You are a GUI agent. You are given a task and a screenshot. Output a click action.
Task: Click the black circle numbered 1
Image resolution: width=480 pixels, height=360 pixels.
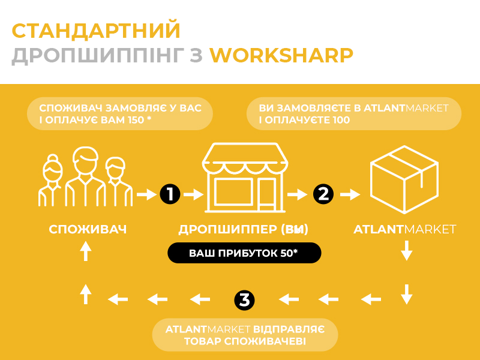point(170,194)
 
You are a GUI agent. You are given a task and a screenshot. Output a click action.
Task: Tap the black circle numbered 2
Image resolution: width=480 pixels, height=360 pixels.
point(323,194)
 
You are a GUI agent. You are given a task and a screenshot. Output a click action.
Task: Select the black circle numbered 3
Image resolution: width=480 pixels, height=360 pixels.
point(244,300)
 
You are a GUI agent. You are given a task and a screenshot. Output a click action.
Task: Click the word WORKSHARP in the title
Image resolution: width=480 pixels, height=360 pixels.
point(281,55)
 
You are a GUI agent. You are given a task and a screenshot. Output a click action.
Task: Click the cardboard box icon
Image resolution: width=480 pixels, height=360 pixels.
point(404,179)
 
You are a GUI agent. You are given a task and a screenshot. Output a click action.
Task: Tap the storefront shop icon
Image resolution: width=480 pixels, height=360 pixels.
point(245,178)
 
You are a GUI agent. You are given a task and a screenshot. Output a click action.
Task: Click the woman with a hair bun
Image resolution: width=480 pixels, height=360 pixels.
point(52,180)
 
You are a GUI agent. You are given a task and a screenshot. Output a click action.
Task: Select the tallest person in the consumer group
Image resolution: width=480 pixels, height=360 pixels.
point(85,176)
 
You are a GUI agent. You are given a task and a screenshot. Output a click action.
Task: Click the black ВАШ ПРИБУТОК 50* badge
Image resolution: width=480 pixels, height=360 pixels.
point(244,253)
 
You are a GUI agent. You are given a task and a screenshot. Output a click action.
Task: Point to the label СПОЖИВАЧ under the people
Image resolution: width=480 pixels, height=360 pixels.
point(88,229)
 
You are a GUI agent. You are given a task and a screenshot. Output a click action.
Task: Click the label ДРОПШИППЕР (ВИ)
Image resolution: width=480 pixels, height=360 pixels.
point(244,229)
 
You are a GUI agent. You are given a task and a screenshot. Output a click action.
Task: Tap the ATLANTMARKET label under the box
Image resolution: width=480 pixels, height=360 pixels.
point(404,229)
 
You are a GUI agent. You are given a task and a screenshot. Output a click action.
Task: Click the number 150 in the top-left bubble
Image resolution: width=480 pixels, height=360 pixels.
point(136,119)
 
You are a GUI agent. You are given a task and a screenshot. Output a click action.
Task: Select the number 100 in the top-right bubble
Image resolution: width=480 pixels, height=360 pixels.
point(341,119)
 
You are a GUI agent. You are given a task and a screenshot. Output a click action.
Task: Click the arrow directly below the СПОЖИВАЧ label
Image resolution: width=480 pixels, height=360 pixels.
point(86,251)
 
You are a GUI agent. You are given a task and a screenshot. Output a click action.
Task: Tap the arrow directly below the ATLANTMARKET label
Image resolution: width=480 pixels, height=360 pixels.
point(407,250)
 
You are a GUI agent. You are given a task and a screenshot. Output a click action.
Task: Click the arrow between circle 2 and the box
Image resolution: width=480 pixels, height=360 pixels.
point(350,194)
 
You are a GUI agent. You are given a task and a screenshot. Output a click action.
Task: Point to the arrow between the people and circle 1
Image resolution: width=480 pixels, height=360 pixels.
point(146,194)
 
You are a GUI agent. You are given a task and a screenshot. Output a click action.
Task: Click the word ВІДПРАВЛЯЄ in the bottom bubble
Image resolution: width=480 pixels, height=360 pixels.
point(289,329)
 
